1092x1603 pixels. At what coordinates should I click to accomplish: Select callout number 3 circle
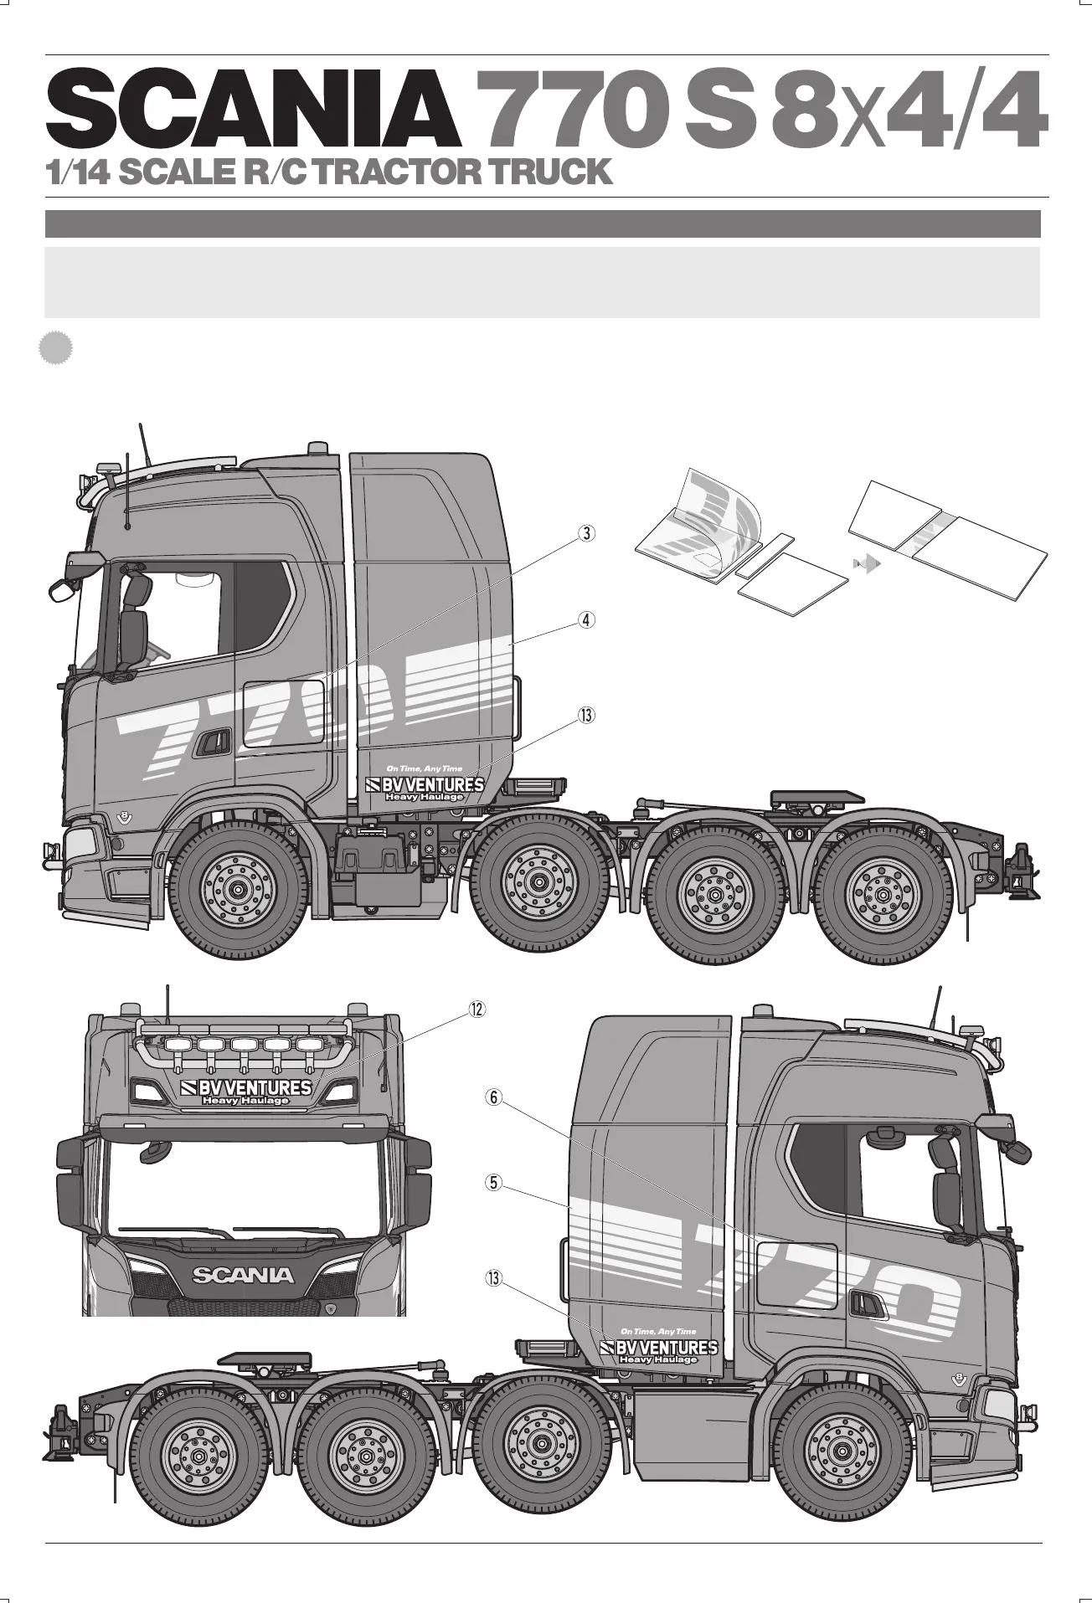[x=588, y=533]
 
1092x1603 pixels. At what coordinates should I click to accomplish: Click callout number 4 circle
[x=588, y=620]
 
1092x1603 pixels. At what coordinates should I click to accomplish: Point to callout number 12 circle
[x=476, y=1010]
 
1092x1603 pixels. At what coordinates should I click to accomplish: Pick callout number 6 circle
[x=494, y=1097]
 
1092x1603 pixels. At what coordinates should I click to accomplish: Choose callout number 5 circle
[x=494, y=1183]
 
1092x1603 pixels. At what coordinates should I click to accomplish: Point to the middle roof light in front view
[x=244, y=1045]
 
